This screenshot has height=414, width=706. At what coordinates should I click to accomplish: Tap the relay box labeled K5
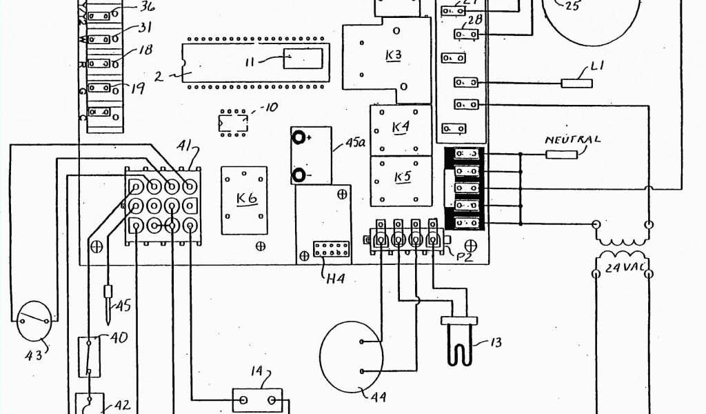coord(402,178)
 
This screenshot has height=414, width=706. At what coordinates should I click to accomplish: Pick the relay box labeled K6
coord(247,199)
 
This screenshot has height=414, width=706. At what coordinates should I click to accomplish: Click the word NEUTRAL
coord(572,139)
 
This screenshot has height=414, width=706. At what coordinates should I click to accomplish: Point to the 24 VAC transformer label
coord(624,268)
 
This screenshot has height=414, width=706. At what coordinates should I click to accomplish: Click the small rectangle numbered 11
coord(301,59)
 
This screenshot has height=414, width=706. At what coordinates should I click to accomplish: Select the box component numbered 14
coord(256,400)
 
